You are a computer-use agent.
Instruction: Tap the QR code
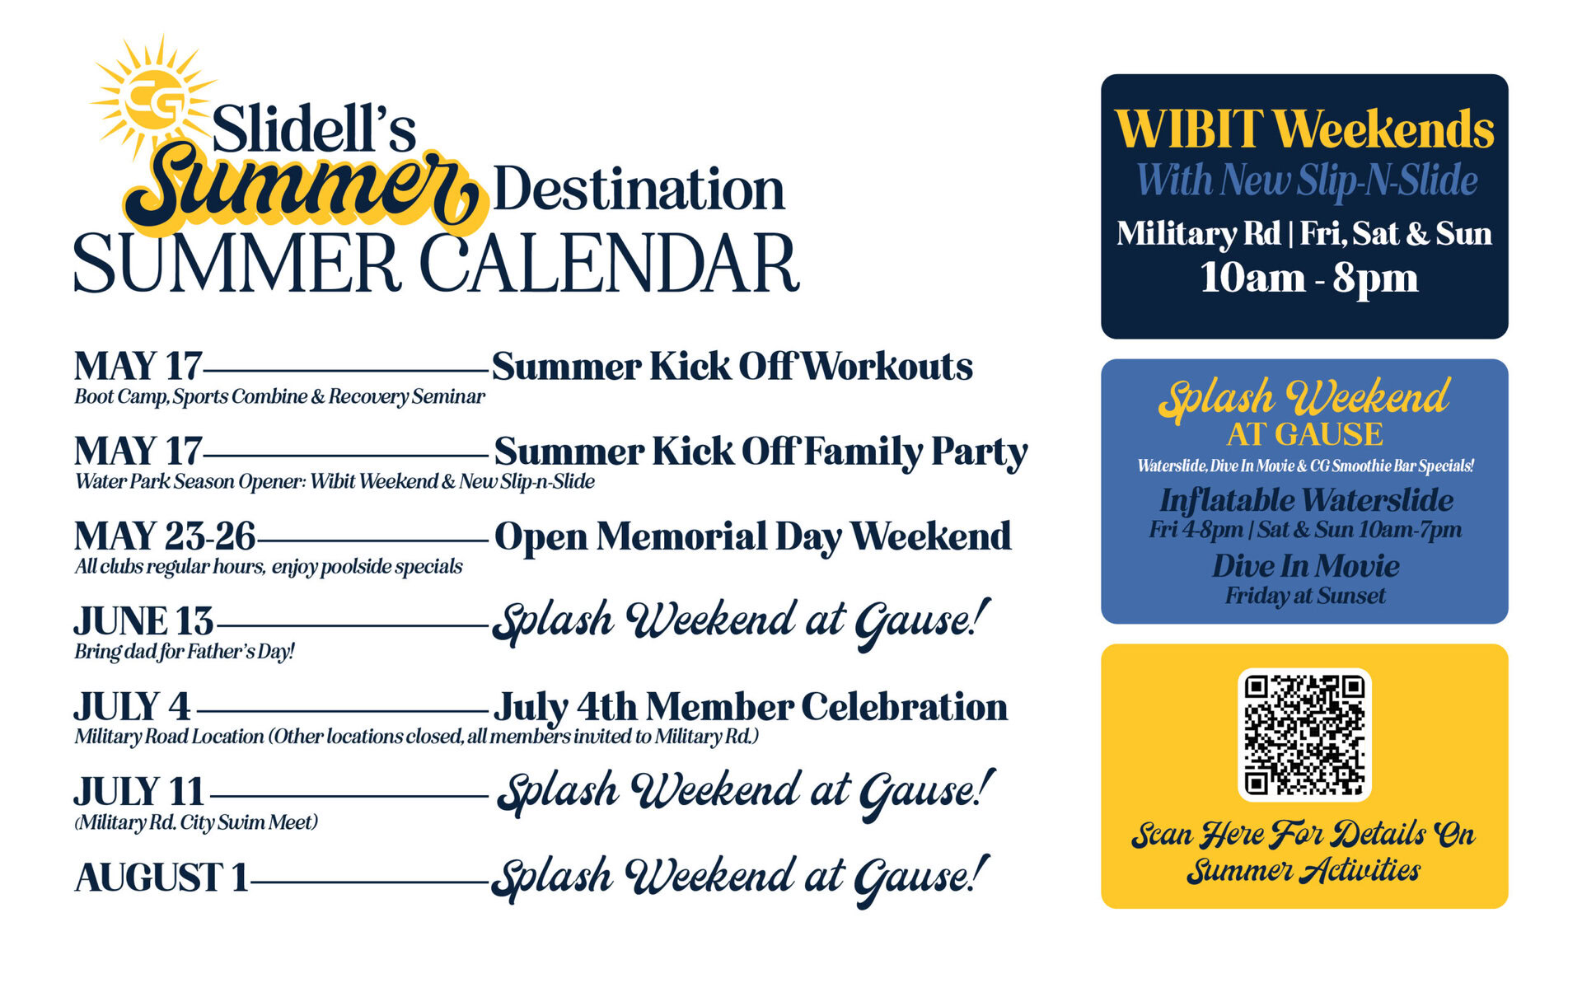point(1304,734)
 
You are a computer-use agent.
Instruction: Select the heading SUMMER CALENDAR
point(437,264)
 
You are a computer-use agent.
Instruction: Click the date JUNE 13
point(144,621)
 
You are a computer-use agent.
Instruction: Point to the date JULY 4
point(133,707)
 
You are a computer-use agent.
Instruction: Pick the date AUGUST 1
point(161,877)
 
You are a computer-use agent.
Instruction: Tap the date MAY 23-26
point(165,536)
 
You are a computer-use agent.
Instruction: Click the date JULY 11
point(139,792)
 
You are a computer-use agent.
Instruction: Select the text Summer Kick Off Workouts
point(732,367)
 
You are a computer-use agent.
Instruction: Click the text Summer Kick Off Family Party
point(761,452)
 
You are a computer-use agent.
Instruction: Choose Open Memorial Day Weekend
point(752,536)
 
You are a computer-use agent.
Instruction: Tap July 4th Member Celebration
point(751,707)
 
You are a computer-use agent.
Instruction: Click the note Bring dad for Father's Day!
point(184,652)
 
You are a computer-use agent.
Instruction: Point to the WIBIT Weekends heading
point(1304,129)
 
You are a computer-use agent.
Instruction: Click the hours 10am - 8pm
point(1308,278)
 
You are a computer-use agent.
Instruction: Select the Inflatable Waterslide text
point(1306,500)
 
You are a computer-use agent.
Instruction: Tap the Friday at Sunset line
point(1305,596)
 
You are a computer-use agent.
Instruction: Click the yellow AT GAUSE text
point(1305,434)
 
